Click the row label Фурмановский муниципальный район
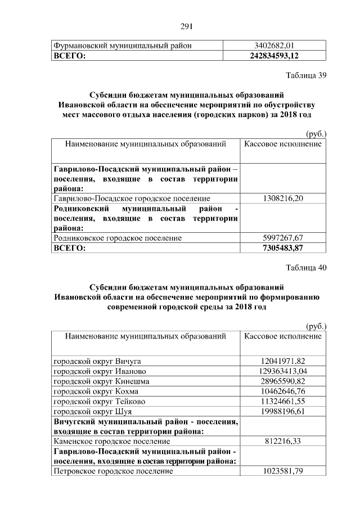point(123,46)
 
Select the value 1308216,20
point(283,198)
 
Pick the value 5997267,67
point(283,238)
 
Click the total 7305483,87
point(283,248)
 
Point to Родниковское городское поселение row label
point(118,238)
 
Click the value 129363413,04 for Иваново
point(283,371)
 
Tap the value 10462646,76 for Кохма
point(283,391)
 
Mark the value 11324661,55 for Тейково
point(283,401)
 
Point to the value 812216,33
point(283,441)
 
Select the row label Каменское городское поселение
point(111,441)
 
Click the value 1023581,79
point(283,471)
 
